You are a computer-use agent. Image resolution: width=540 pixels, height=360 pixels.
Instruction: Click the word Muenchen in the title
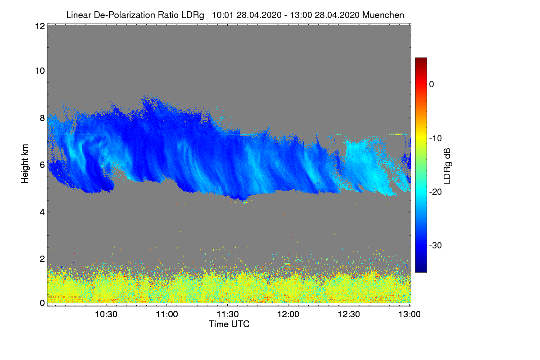383,15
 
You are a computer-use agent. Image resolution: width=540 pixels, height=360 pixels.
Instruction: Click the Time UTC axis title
229,324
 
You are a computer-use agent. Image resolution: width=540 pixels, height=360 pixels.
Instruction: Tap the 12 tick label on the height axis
39,27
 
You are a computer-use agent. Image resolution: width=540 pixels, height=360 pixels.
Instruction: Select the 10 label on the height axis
39,71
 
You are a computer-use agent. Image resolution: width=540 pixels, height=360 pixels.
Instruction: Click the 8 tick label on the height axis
42,118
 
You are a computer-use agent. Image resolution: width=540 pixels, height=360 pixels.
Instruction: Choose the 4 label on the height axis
42,212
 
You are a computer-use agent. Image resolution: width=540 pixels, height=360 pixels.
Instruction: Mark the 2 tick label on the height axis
42,259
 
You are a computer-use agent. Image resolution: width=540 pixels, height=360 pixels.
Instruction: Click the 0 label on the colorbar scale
432,85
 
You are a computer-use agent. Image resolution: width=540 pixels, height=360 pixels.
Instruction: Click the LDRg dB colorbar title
447,165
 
